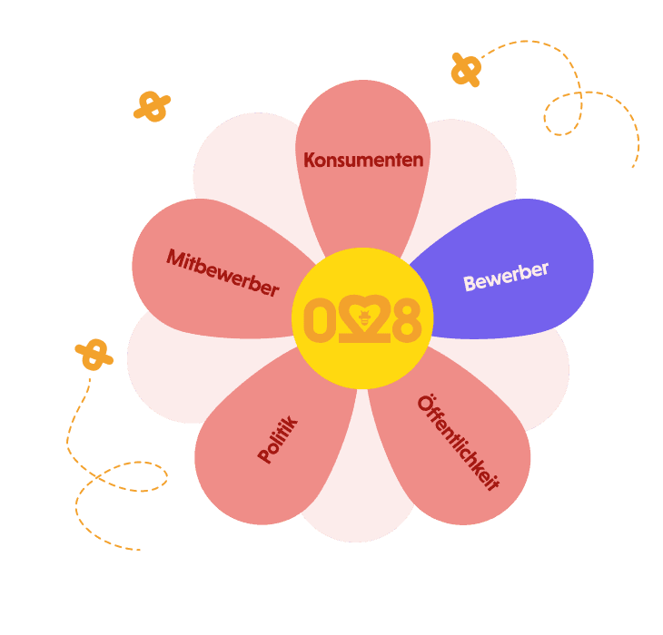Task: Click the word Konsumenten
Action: click(x=363, y=161)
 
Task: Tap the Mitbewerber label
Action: click(x=222, y=272)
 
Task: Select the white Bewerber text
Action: click(x=506, y=277)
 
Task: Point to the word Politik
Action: click(x=278, y=440)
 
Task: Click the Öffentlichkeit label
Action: click(x=459, y=444)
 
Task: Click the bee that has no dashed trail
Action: click(x=152, y=106)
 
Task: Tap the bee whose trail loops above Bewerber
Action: click(x=466, y=69)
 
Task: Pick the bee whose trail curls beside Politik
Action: click(x=94, y=355)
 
